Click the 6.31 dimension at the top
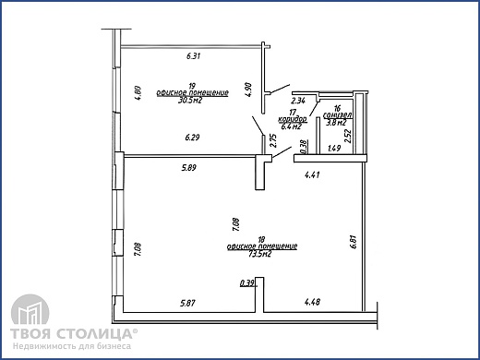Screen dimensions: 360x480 pos(194,56)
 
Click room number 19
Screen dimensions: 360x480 pos(191,86)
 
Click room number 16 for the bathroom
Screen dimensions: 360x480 pos(338,109)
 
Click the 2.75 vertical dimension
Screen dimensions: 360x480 pos(272,143)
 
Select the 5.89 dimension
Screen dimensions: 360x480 pos(191,167)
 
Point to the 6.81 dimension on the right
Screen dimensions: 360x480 pos(354,242)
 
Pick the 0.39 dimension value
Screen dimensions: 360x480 pos(246,283)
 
